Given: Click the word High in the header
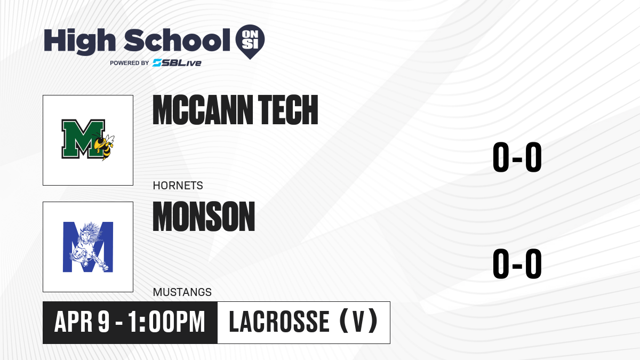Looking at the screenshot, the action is [x=79, y=42].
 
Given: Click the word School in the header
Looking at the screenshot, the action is [x=177, y=40].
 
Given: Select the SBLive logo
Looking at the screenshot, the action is [x=177, y=62].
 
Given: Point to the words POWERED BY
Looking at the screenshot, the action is [x=130, y=63].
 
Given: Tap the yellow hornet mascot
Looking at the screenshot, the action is [x=104, y=146].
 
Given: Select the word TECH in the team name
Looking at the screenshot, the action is [x=288, y=110].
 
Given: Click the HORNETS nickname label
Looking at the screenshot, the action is [x=178, y=186].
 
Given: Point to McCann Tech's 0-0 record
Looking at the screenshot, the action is [x=517, y=157].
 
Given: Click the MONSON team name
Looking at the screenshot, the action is [x=204, y=217].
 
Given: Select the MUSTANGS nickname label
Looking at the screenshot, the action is [x=182, y=292].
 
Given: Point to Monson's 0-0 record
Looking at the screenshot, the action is [x=517, y=263].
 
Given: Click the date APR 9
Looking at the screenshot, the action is [x=82, y=322].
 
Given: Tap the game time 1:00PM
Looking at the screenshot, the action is [x=166, y=322].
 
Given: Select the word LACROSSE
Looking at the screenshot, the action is [x=279, y=322].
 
